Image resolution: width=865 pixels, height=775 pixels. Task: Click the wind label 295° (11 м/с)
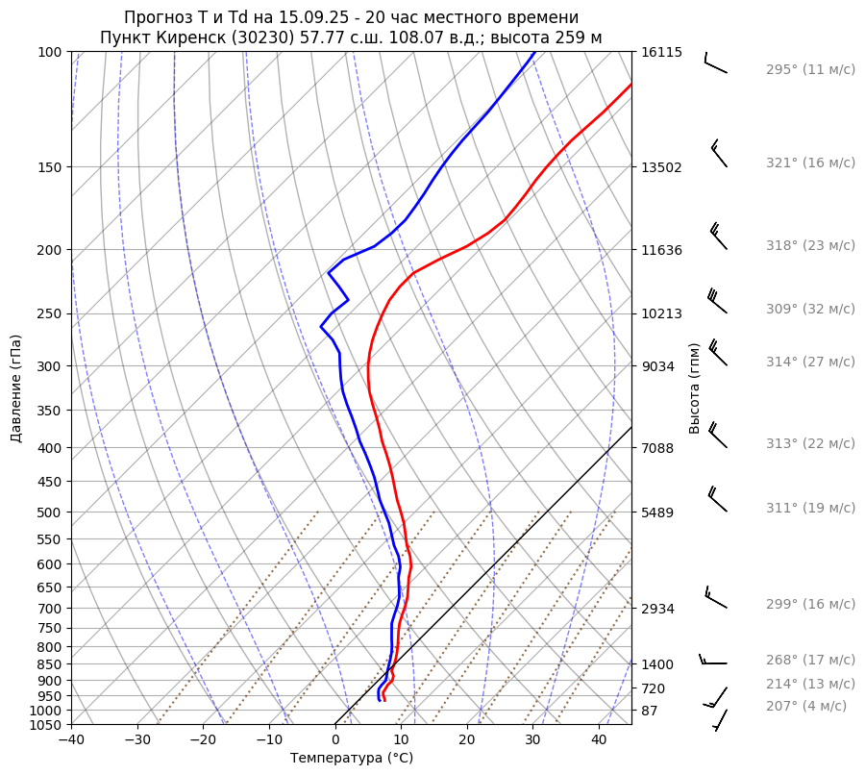point(809,70)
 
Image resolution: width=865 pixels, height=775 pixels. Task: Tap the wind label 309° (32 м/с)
point(809,310)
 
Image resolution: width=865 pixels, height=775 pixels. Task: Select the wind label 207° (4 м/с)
point(805,707)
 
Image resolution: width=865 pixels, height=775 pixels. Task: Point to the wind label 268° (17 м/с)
point(809,661)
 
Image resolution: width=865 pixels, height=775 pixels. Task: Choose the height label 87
point(650,711)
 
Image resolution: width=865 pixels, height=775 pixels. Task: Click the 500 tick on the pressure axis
point(50,512)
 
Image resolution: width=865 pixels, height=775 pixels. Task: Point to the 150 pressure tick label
point(50,167)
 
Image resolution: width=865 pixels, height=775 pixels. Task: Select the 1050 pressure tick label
point(46,725)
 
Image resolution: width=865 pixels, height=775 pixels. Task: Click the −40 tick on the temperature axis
point(71,740)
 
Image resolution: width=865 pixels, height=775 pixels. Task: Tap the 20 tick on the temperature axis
point(467,740)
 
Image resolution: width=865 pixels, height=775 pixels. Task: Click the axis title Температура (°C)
point(352,759)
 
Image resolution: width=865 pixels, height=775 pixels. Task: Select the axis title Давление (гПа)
point(16,388)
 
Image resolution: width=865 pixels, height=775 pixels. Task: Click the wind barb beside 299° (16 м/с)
point(715,598)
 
